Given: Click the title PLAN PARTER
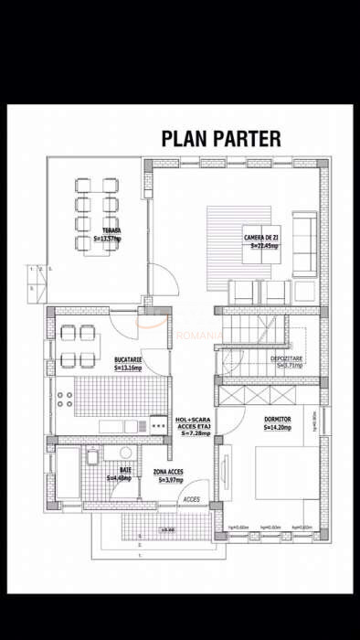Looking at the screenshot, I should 221,138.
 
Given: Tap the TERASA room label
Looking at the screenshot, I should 111,230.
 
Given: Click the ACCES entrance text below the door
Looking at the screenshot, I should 191,500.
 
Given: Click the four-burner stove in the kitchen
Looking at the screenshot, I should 67,399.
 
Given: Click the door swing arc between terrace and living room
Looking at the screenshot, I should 157,278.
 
